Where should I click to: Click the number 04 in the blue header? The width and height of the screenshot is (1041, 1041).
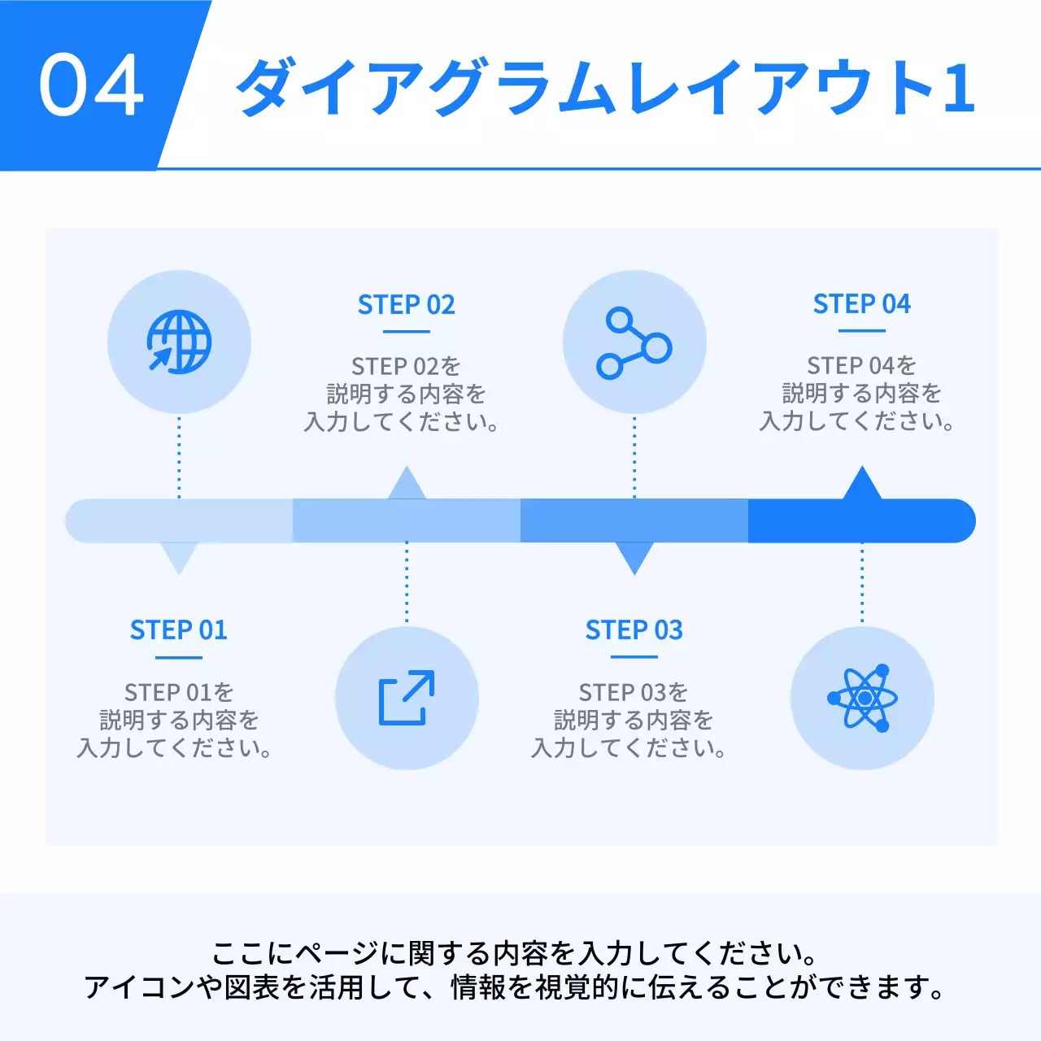click(x=91, y=85)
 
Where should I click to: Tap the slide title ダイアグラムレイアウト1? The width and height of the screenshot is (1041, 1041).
click(x=605, y=87)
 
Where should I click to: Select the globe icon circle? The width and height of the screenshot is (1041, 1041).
click(x=179, y=342)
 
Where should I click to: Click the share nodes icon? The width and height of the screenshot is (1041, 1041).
click(x=634, y=342)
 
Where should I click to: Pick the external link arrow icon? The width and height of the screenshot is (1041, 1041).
click(x=407, y=698)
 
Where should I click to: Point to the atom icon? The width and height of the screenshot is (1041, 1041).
click(x=862, y=698)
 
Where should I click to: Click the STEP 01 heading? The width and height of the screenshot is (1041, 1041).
click(x=179, y=630)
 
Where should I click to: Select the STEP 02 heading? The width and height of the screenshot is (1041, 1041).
click(x=407, y=305)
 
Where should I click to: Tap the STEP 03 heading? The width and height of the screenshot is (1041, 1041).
click(x=634, y=630)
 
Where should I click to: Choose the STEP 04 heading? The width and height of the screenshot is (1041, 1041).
click(x=862, y=304)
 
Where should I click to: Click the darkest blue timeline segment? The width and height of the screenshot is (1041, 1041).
click(x=862, y=520)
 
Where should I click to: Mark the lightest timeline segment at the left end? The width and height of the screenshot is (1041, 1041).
click(x=179, y=520)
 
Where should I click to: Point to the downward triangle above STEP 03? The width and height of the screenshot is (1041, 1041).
click(x=634, y=556)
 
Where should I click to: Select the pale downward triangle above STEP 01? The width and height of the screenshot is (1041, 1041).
click(x=179, y=556)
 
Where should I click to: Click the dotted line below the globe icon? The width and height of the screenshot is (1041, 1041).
click(x=179, y=455)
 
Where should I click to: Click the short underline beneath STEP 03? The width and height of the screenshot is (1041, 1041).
click(x=634, y=657)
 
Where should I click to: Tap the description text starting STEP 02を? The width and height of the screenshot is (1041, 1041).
click(x=405, y=394)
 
